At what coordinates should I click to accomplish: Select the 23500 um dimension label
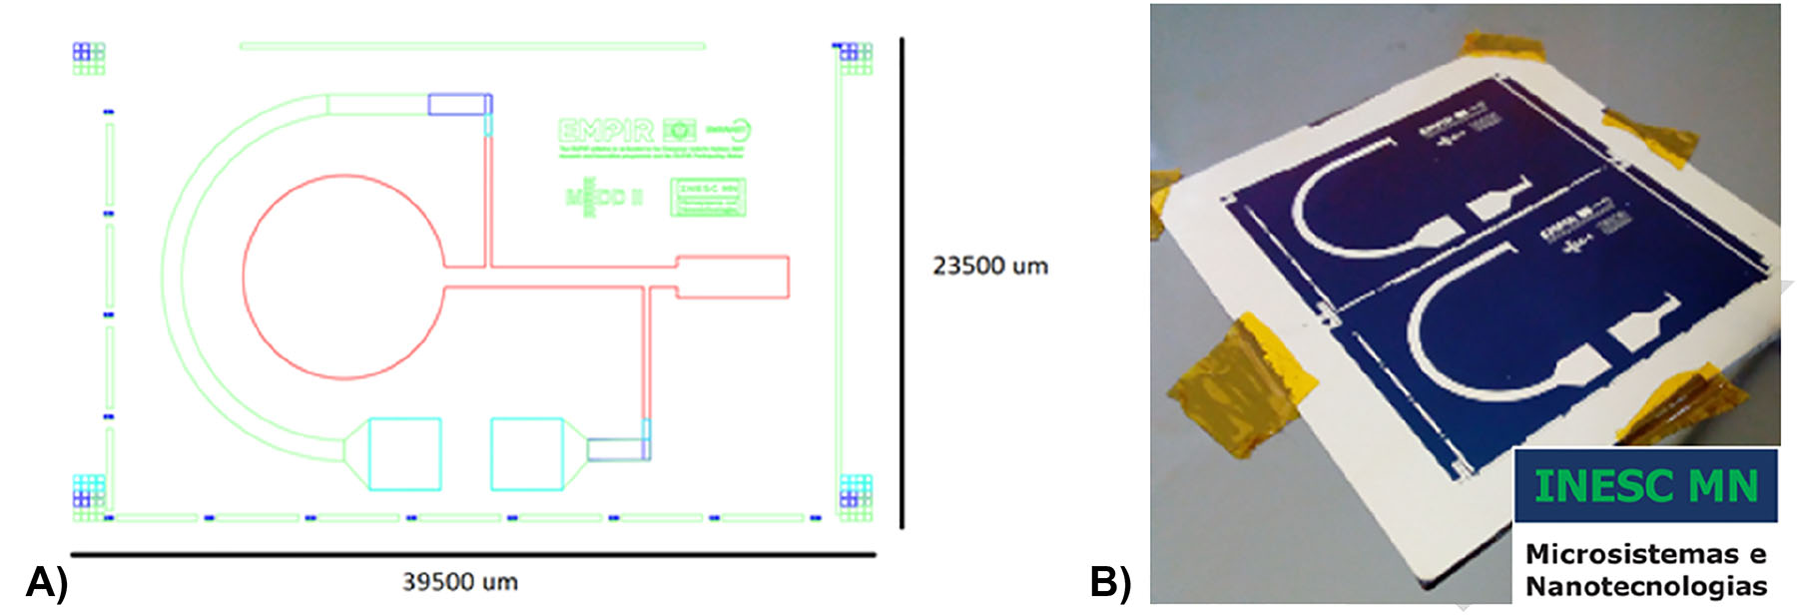(989, 267)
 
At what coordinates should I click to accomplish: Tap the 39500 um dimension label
(459, 582)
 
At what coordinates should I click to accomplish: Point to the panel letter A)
(46, 582)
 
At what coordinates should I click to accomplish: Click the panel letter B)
(1109, 582)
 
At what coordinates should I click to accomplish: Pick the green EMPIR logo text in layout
(606, 131)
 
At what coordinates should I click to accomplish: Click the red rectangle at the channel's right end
(733, 277)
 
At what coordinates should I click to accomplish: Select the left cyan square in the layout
(405, 454)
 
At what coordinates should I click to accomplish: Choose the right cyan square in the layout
(526, 454)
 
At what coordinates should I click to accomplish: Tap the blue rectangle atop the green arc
(458, 104)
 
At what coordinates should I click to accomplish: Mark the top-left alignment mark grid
(89, 58)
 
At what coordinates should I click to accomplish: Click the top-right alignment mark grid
(855, 58)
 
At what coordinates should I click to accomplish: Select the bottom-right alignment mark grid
(856, 493)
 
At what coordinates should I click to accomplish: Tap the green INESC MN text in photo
(1645, 486)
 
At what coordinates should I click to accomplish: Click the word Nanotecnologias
(1645, 586)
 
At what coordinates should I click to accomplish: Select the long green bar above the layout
(472, 46)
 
